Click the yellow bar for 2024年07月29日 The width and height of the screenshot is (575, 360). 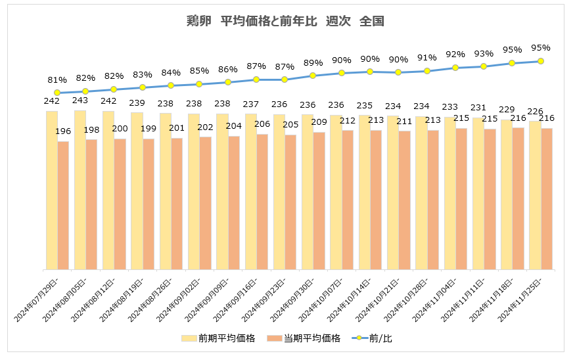point(52,191)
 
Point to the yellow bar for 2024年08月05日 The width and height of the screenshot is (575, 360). point(80,190)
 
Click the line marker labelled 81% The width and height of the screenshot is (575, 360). point(57,93)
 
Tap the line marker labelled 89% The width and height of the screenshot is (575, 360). point(313,76)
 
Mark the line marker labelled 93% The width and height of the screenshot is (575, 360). point(484,66)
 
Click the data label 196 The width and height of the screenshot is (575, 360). point(63,131)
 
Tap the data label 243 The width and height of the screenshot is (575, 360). point(80,101)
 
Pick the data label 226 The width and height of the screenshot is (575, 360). point(534,111)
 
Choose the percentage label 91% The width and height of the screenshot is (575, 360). point(427,58)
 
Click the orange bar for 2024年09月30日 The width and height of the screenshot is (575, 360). point(319,200)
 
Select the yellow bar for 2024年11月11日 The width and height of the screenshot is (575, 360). point(478,193)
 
